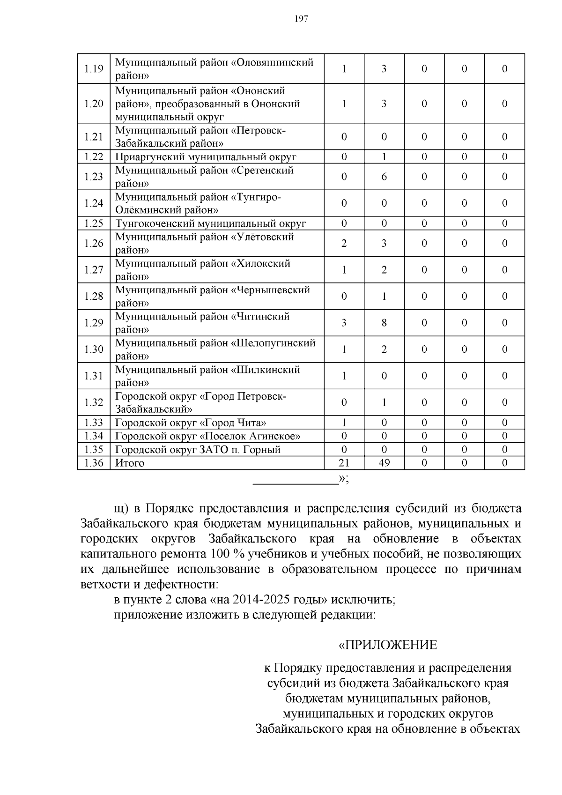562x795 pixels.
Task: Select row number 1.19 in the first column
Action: [93, 69]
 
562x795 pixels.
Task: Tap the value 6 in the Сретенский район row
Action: [384, 177]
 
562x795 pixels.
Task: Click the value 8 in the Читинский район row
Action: [384, 323]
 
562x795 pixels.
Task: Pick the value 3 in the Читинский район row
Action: [344, 323]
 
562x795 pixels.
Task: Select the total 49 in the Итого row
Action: [384, 463]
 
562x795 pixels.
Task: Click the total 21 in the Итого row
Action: [344, 463]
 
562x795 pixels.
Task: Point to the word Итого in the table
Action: [130, 463]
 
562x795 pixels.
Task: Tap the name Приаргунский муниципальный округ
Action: [206, 157]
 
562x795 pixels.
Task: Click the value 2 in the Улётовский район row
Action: [344, 243]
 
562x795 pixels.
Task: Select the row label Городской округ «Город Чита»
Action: [191, 423]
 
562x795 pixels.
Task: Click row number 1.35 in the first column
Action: [93, 450]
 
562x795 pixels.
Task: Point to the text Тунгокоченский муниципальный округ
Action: [210, 223]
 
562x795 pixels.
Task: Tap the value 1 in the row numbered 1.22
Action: [384, 157]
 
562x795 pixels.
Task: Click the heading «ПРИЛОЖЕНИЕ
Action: [387, 645]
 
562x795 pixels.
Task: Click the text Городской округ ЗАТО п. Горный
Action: [198, 450]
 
